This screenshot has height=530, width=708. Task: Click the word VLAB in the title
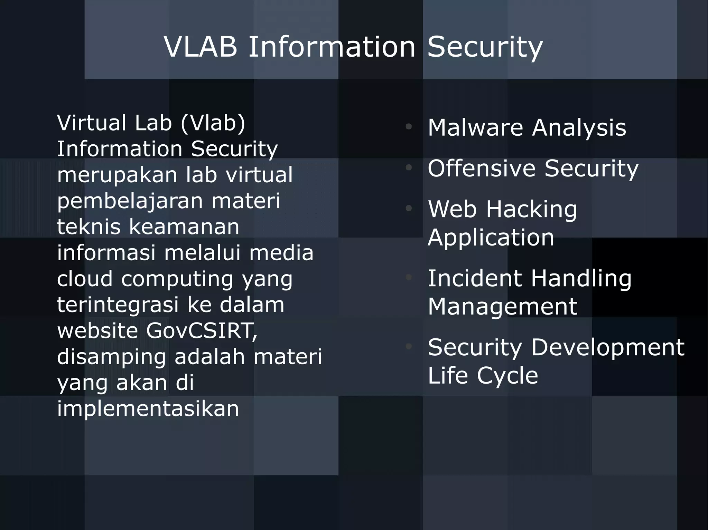pos(201,47)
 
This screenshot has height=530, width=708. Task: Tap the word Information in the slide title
pos(332,47)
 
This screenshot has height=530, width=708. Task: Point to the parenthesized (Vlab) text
pos(213,123)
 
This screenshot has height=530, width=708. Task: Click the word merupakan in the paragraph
pos(117,175)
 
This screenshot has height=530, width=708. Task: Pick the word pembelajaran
pos(130,201)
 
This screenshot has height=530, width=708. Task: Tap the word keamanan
pos(184,227)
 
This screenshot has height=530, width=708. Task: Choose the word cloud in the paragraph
pos(85,279)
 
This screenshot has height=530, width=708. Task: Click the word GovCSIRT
pos(202,331)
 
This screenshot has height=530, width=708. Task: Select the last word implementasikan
pos(148,408)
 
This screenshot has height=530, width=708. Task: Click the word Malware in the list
pos(475,127)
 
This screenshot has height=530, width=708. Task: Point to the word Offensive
pos(482,168)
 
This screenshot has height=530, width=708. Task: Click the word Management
pos(502,307)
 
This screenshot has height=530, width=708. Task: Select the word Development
pos(608,347)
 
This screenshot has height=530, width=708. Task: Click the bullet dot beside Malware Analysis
pos(409,127)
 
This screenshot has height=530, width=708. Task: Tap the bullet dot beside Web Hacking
pos(409,208)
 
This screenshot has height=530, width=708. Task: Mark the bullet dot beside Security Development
pos(409,346)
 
